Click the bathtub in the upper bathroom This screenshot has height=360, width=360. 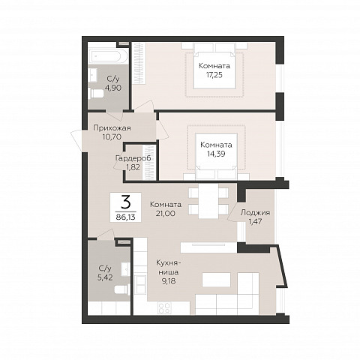(108, 56)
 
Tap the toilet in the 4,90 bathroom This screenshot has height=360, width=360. (96, 94)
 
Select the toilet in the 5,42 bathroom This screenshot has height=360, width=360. (122, 289)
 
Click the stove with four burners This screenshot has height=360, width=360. (165, 307)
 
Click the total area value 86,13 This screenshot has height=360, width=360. (125, 217)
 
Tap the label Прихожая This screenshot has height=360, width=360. (112, 128)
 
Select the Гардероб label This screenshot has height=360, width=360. (133, 158)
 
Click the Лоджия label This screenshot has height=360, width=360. (255, 213)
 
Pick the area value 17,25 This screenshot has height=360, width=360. (214, 75)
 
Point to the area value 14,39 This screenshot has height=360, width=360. (216, 154)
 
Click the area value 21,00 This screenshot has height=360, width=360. (166, 213)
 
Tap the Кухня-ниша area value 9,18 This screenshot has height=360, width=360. (169, 280)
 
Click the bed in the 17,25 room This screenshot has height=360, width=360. (215, 66)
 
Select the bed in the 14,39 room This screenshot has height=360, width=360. (217, 156)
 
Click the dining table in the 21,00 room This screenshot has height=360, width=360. (208, 201)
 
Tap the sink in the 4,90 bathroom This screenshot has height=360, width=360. (93, 74)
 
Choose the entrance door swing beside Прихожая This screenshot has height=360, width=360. (76, 140)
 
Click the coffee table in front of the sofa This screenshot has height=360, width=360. (216, 280)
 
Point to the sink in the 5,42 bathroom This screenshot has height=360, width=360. (124, 269)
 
